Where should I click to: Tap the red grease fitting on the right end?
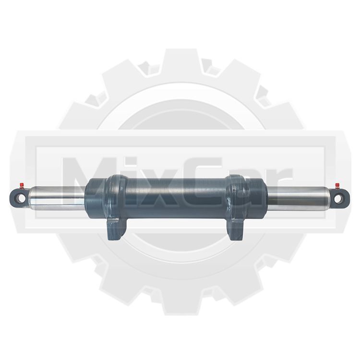337,185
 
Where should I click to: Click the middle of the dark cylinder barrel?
176,198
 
